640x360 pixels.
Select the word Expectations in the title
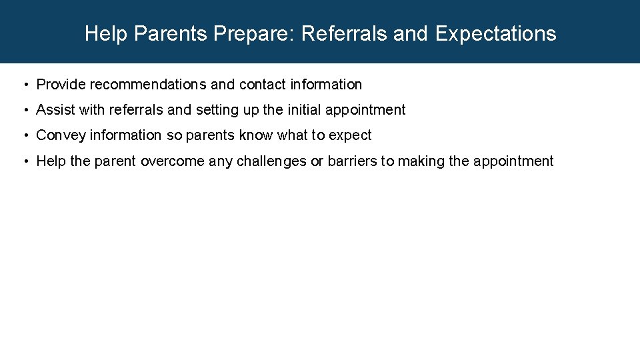coord(495,33)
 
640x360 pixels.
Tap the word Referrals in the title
coord(344,33)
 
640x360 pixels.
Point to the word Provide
coord(61,85)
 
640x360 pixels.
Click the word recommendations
coord(148,85)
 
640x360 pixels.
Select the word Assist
coord(55,110)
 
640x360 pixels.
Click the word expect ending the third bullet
coord(350,135)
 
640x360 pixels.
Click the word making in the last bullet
coord(421,161)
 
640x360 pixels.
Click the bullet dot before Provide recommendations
coord(25,85)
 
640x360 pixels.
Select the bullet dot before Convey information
coord(25,136)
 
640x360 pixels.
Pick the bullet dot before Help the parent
coord(25,161)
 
